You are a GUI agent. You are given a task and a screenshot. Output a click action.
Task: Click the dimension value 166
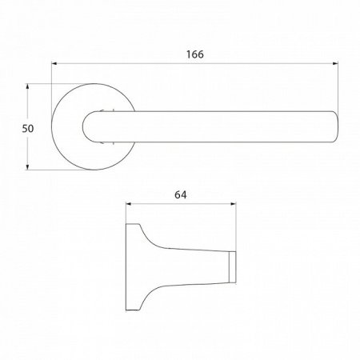[195, 54]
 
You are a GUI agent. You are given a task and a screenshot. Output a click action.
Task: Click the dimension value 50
[28, 129]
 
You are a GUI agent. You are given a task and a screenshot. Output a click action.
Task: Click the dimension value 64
[181, 195]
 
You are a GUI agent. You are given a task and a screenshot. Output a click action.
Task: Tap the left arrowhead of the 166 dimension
[54, 63]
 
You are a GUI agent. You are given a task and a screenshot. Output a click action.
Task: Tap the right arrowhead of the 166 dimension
[335, 63]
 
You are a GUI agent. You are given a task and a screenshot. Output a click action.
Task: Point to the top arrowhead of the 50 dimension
[27, 86]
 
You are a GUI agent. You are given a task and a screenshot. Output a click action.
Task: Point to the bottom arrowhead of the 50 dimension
[27, 167]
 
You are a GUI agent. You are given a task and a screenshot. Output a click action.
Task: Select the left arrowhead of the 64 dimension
[129, 204]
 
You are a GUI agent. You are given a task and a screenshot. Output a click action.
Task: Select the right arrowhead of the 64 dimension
[233, 204]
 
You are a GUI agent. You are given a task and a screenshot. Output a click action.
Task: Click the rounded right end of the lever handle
[336, 126]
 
